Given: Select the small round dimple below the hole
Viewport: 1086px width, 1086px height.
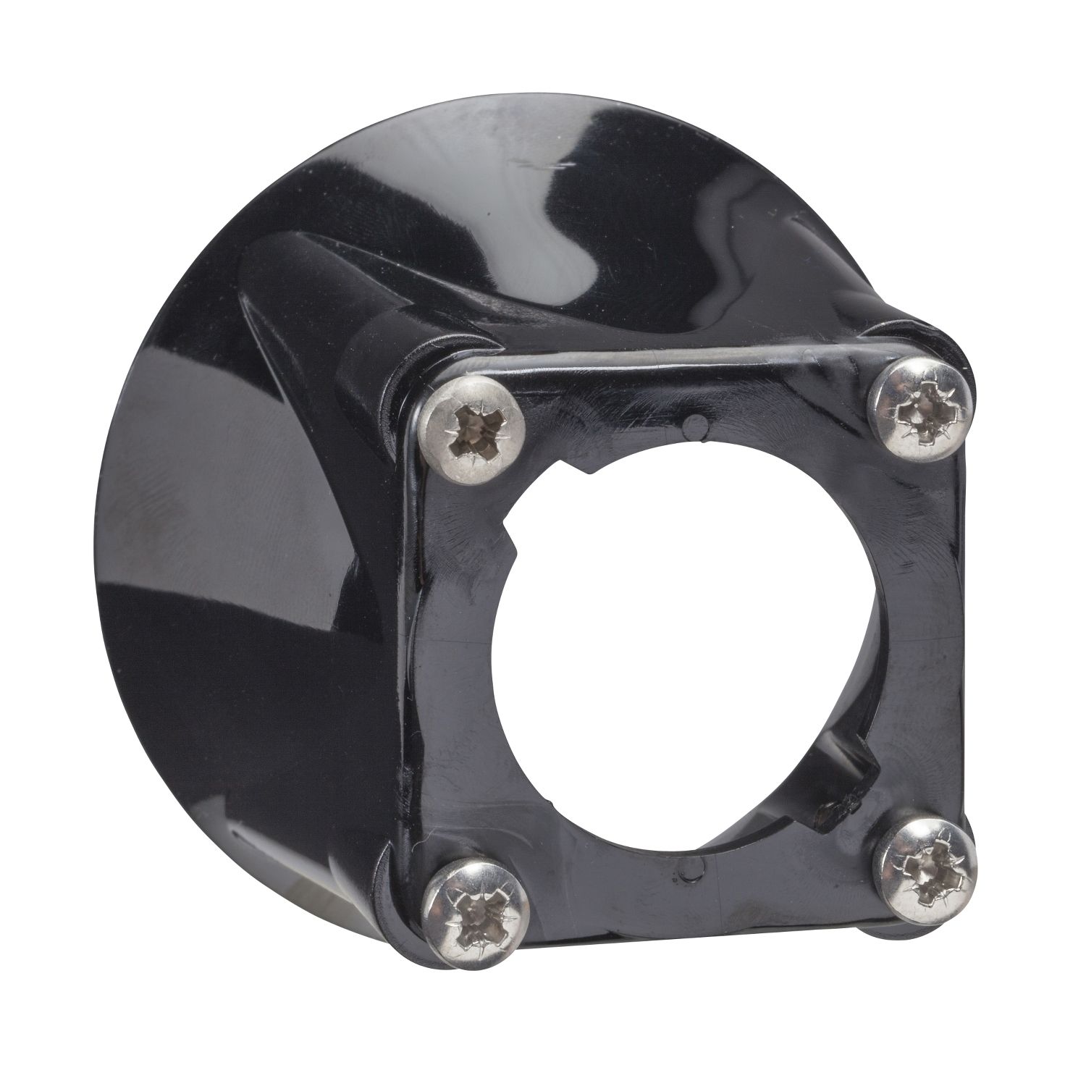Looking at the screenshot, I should pyautogui.click(x=677, y=864).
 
